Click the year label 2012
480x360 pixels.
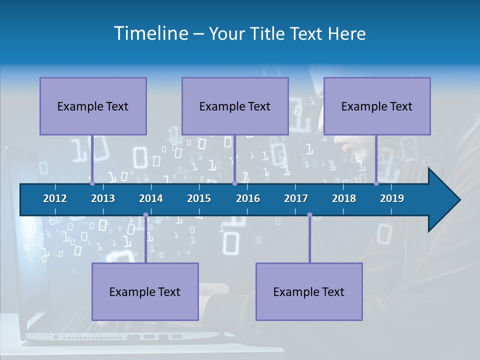(x=55, y=198)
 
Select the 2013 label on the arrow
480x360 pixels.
(x=103, y=198)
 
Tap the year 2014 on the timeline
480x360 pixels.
(x=151, y=198)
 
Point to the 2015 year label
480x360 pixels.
(x=199, y=198)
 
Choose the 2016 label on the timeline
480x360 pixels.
(x=248, y=198)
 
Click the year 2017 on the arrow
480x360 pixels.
(x=296, y=198)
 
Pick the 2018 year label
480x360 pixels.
(x=344, y=198)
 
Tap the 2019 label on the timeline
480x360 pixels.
(x=392, y=198)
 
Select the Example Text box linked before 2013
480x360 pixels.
(x=93, y=106)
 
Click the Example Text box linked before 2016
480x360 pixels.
(x=235, y=106)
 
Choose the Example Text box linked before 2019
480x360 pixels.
(x=377, y=106)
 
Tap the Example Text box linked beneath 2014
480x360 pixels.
(x=145, y=291)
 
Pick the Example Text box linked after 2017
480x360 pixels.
(x=309, y=291)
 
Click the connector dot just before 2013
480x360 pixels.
(x=92, y=183)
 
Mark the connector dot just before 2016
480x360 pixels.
(x=234, y=183)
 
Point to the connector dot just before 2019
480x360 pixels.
(x=376, y=183)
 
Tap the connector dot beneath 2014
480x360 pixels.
(x=145, y=215)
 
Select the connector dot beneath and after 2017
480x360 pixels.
(x=309, y=215)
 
